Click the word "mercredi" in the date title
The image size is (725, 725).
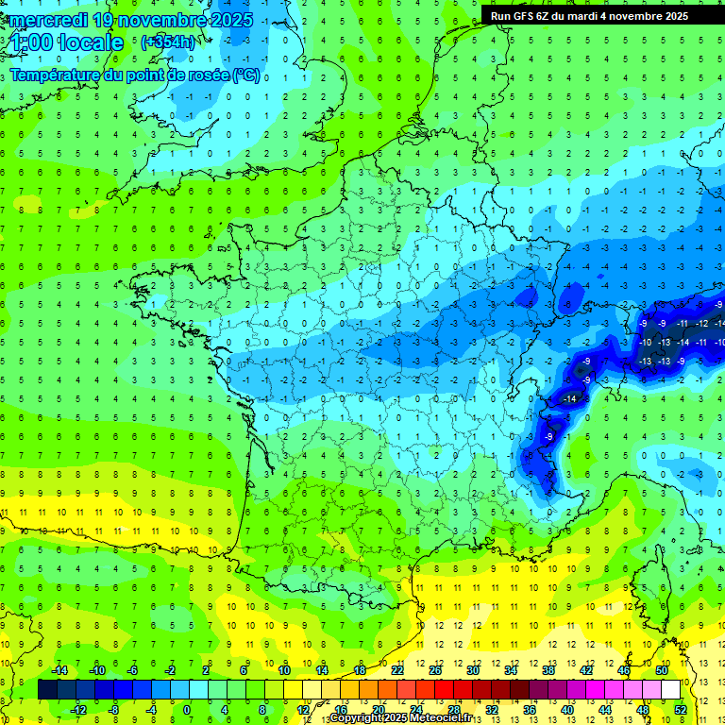pyautogui.click(x=48, y=20)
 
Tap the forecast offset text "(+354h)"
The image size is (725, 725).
pyautogui.click(x=168, y=42)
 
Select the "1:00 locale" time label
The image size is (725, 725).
pyautogui.click(x=66, y=42)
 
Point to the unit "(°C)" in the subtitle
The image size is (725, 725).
pyautogui.click(x=245, y=76)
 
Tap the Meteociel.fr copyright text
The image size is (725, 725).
pyautogui.click(x=414, y=717)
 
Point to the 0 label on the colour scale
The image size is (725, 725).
pyautogui.click(x=186, y=709)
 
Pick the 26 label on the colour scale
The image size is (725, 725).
pyautogui.click(x=435, y=670)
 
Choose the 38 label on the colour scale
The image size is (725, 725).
pyautogui.click(x=548, y=670)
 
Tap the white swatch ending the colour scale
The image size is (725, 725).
pyautogui.click(x=670, y=690)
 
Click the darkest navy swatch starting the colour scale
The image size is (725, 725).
pyautogui.click(x=47, y=690)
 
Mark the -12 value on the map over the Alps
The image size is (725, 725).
pyautogui.click(x=701, y=323)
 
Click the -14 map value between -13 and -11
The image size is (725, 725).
pyautogui.click(x=683, y=342)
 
